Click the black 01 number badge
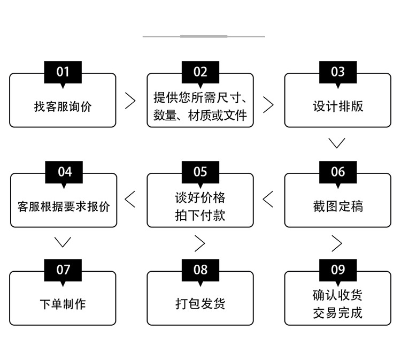click(x=63, y=72)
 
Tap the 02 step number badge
click(x=200, y=72)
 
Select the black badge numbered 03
click(x=337, y=72)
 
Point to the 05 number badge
click(x=200, y=172)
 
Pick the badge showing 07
click(x=63, y=270)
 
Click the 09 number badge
click(x=337, y=270)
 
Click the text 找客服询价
click(x=63, y=106)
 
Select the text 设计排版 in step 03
click(x=337, y=106)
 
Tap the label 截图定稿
click(x=337, y=206)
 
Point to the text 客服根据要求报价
click(x=63, y=206)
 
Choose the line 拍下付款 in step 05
click(x=200, y=215)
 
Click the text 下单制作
click(x=63, y=304)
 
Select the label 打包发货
click(x=200, y=304)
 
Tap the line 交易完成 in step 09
click(x=337, y=313)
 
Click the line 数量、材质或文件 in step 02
click(x=200, y=115)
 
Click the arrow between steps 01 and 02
click(x=130, y=101)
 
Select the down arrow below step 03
click(x=337, y=143)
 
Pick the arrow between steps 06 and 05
click(x=268, y=199)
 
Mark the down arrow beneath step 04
click(x=63, y=242)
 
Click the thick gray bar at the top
click(x=204, y=36)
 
